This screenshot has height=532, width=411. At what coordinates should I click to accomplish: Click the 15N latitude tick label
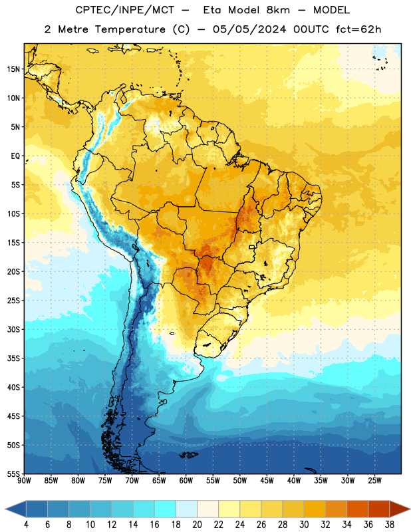pos(13,69)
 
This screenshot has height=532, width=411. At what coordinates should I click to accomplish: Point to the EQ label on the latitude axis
pos(15,156)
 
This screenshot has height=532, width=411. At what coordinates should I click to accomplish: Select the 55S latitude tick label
pos(13,473)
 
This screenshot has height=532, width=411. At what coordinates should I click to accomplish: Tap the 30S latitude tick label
pos(13,329)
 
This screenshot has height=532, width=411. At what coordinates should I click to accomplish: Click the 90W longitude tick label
pos(25,481)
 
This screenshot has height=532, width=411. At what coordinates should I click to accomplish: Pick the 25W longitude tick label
pos(374,481)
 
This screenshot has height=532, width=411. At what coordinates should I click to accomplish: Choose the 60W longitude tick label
pos(186,481)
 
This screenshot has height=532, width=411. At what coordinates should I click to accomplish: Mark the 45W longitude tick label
pos(267,481)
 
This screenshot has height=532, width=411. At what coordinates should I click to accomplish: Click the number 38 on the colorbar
pos(389,525)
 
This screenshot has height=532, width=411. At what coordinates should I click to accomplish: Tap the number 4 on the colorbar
pos(26,525)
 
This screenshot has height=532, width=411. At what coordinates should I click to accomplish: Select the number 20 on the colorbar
pos(197,525)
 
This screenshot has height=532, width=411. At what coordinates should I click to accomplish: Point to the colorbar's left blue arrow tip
pos(5,509)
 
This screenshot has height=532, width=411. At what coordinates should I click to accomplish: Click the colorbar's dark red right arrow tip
pos(410,509)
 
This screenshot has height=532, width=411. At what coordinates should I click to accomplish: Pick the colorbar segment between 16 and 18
pos(166,509)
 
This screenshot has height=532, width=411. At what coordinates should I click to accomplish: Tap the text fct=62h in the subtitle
pos(358,29)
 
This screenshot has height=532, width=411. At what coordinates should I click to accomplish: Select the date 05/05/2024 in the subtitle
pos(249,29)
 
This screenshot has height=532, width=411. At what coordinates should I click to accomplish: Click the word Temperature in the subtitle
pos(130,29)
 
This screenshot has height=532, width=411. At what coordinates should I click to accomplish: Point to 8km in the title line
pos(278,10)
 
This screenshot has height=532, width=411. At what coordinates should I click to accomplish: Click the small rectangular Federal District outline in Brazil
pos(252,247)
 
